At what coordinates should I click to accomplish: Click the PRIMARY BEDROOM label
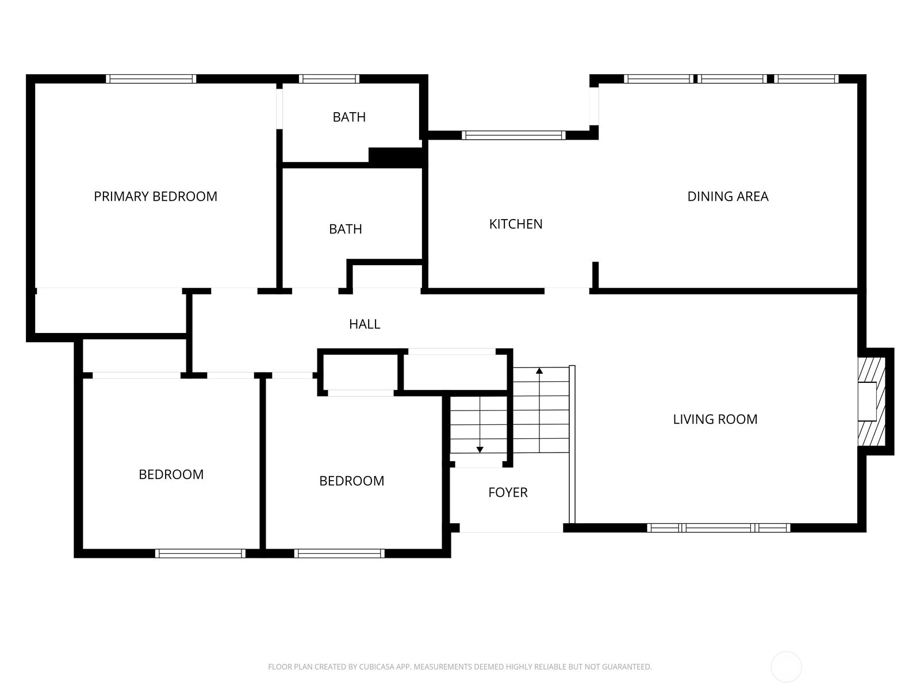click(155, 197)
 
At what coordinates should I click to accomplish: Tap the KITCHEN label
click(515, 224)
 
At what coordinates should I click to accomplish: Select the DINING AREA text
click(727, 197)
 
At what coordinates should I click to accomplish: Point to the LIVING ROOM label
click(715, 419)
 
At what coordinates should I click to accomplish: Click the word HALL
click(365, 324)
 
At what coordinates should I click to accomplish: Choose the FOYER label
click(508, 492)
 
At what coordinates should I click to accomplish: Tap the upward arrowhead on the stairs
click(539, 371)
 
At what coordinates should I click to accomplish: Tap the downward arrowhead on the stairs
click(480, 450)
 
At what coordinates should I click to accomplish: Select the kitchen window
click(513, 135)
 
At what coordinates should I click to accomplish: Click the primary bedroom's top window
click(151, 79)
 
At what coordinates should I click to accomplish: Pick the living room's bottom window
click(718, 527)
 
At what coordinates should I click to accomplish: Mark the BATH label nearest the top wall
click(349, 117)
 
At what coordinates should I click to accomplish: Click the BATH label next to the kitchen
click(345, 229)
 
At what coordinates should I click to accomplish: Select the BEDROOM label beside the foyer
click(351, 481)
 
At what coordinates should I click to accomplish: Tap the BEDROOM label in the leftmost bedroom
click(171, 474)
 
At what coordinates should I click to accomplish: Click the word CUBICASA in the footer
click(378, 667)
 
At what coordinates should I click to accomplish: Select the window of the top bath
click(329, 79)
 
